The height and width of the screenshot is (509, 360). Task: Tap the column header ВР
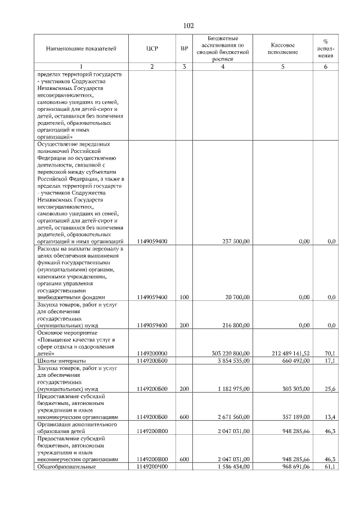pos(184,48)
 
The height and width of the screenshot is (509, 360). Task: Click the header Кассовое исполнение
pos(282,48)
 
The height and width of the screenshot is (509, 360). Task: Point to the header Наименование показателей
pos(81,48)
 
